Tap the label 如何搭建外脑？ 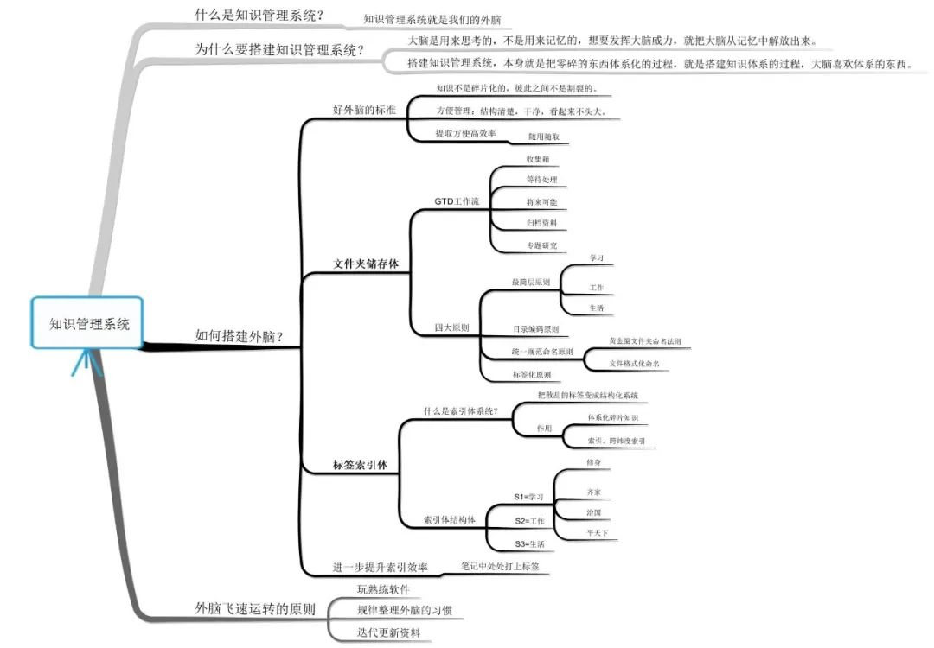pyautogui.click(x=240, y=336)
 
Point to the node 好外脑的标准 pyautogui.click(x=364, y=110)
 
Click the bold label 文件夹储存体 pyautogui.click(x=366, y=263)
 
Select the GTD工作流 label pyautogui.click(x=457, y=200)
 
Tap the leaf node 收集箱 pyautogui.click(x=538, y=159)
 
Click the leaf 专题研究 pyautogui.click(x=542, y=245)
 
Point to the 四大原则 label pyautogui.click(x=451, y=328)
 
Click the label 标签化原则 pyautogui.click(x=532, y=374)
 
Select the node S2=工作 pyautogui.click(x=529, y=521)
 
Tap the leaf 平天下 pyautogui.click(x=597, y=534)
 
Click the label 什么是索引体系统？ pyautogui.click(x=460, y=410)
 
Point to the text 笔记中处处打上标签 pyautogui.click(x=500, y=566)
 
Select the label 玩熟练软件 pyautogui.click(x=383, y=589)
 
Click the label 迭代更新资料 pyautogui.click(x=388, y=632)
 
